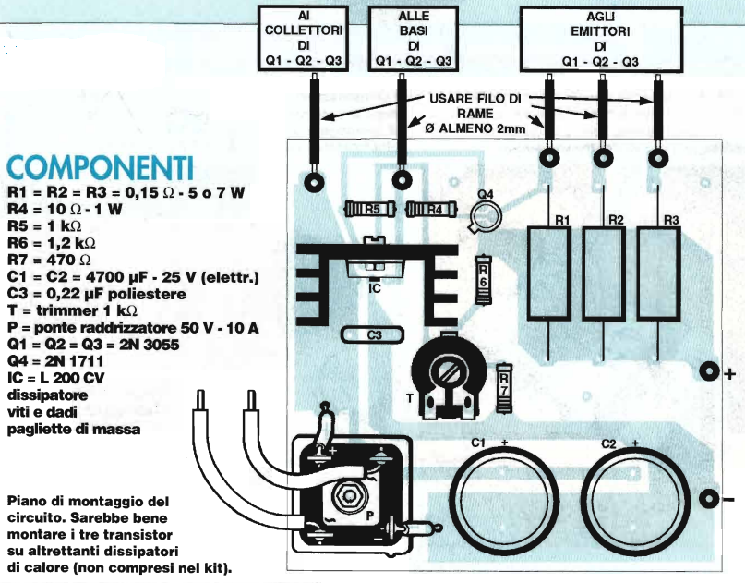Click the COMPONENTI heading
[101, 168]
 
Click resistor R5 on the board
[369, 209]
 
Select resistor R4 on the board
[431, 209]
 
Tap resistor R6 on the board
[483, 280]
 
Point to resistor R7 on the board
[504, 387]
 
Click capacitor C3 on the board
[373, 335]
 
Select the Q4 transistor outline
[486, 216]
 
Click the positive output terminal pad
[709, 371]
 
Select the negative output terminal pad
[709, 499]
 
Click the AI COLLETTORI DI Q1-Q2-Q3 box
[304, 39]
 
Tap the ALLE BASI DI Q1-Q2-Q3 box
[414, 39]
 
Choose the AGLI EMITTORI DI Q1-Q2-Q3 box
[602, 39]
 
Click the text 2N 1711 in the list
[75, 361]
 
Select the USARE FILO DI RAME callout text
[475, 113]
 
